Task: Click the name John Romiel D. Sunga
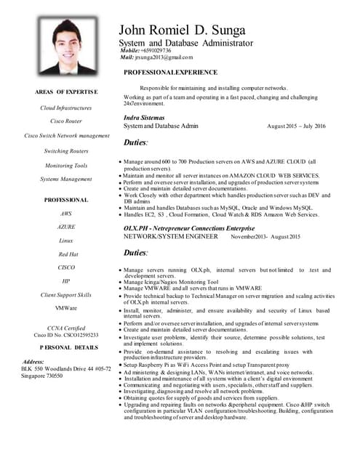[182, 30]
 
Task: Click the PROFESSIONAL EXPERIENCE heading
[170, 73]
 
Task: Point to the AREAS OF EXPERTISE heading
[66, 92]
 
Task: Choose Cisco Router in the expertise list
[66, 121]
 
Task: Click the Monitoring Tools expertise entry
[66, 165]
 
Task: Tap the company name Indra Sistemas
[144, 117]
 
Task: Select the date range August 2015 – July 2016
[296, 126]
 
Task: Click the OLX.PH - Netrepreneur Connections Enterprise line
[191, 228]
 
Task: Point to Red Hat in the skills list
[66, 254]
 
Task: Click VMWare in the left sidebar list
[66, 308]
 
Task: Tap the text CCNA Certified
[66, 328]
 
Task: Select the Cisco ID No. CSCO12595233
[66, 335]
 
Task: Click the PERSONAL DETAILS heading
[66, 348]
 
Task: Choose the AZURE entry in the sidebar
[66, 227]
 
